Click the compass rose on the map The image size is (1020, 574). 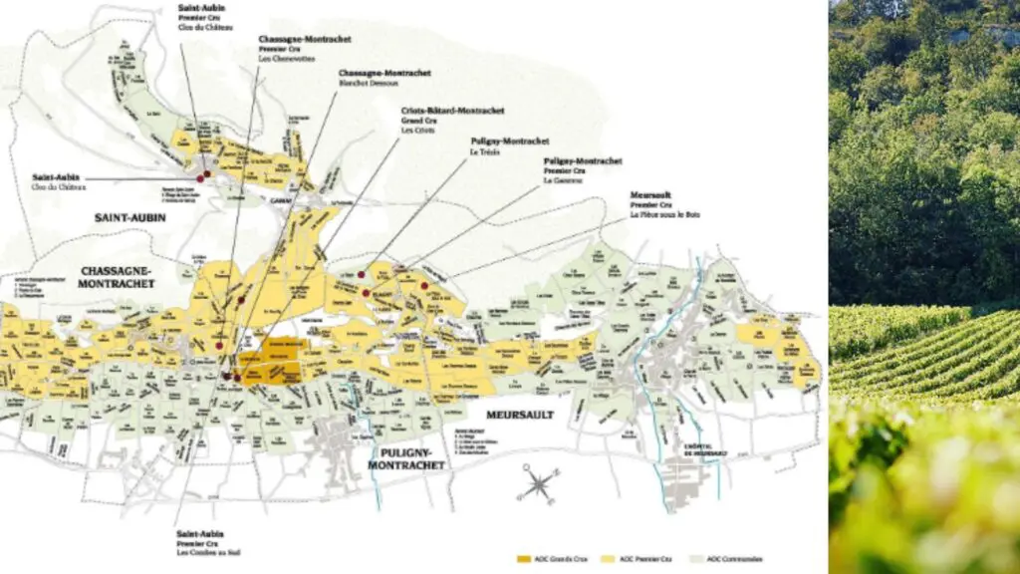(539, 484)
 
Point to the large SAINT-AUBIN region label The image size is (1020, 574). (129, 217)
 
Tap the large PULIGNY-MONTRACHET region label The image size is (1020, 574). (403, 458)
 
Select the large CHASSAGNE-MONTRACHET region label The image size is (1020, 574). (117, 277)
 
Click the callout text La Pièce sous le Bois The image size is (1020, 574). (667, 216)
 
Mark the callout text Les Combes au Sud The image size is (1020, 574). (209, 553)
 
